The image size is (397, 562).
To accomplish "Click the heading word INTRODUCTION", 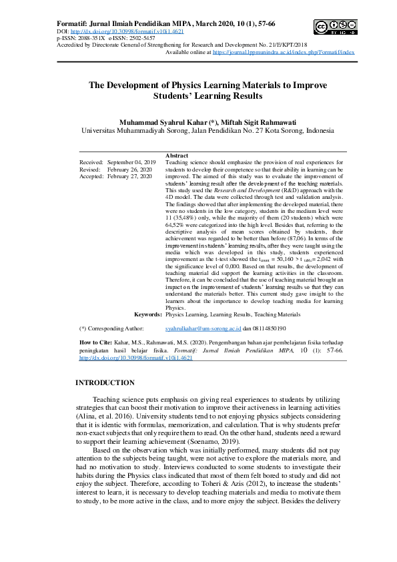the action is [105, 382].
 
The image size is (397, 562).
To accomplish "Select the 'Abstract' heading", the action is [176, 156].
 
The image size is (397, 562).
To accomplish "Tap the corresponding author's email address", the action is [203, 328].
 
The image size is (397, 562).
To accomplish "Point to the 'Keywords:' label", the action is [147, 314].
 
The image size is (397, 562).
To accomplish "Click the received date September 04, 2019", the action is [131, 162].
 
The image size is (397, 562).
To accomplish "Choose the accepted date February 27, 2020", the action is [131, 176].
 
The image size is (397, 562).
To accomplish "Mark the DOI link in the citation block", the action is [136, 358].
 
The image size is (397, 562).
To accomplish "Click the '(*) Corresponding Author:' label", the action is [111, 328].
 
